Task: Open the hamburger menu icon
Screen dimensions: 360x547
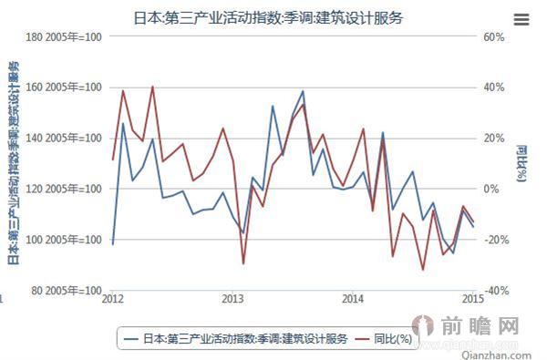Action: point(521,18)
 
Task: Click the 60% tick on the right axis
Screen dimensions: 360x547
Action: point(493,37)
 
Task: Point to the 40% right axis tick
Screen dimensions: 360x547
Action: point(493,87)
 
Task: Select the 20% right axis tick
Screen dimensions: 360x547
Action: point(493,139)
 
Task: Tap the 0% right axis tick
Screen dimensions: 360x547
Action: point(490,189)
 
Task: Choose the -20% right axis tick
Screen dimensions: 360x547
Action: point(495,240)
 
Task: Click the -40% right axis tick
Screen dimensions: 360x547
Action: point(495,290)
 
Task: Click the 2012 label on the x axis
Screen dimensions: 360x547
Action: point(113,299)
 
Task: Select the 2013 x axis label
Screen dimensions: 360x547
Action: point(233,299)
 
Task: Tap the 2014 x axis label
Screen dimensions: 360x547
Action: point(354,299)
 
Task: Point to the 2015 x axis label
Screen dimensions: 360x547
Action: point(472,299)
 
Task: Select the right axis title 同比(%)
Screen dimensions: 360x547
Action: point(521,164)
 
